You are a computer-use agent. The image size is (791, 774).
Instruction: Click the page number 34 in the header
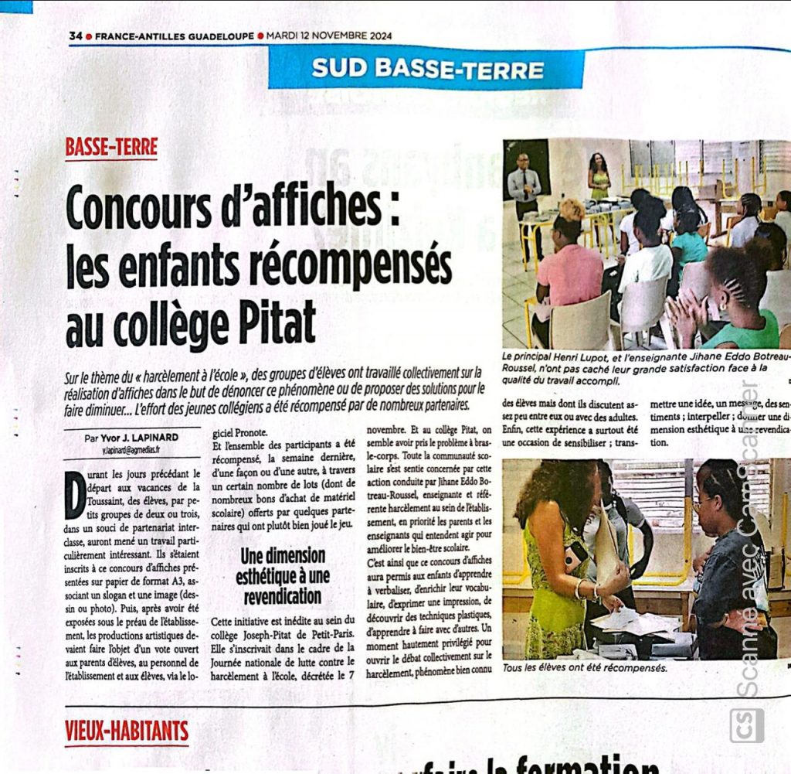point(75,36)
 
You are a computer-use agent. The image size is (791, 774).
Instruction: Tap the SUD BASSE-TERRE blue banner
point(427,69)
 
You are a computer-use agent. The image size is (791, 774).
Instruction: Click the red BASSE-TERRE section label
point(111,146)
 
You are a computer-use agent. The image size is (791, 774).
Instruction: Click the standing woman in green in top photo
point(599,177)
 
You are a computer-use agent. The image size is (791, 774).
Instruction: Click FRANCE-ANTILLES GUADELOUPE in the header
point(175,36)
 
